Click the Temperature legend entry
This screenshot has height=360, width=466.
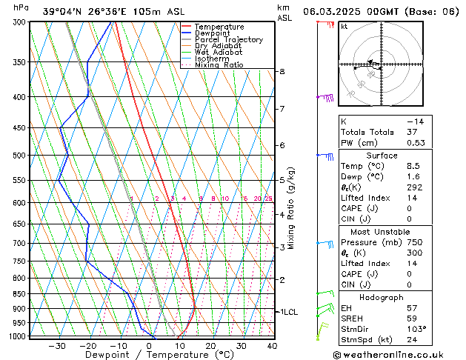[219, 27]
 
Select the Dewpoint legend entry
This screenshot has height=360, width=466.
[213, 33]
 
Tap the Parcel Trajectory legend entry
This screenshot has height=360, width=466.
[228, 40]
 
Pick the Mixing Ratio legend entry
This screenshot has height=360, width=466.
[219, 65]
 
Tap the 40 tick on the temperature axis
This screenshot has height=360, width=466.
[272, 346]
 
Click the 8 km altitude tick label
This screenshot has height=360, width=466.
[282, 71]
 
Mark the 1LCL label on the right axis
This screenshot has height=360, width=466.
[289, 312]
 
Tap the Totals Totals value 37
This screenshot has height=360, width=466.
[411, 132]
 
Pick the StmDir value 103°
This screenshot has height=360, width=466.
[415, 329]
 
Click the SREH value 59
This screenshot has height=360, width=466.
[411, 319]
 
